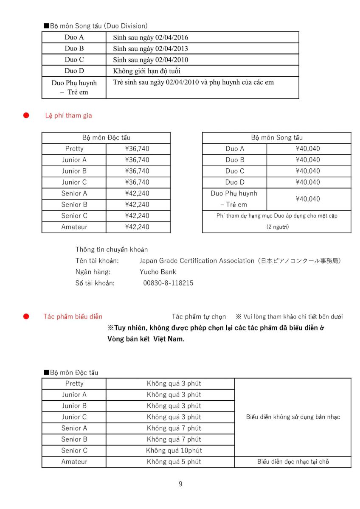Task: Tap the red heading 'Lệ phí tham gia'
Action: [68, 115]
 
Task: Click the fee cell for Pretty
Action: [137, 149]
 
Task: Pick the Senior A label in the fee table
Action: [74, 193]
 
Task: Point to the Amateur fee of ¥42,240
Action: [137, 227]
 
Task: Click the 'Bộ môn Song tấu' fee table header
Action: [277, 138]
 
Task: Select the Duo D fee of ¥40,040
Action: [308, 182]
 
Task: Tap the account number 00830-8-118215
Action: [168, 283]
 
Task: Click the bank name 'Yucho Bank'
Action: [157, 272]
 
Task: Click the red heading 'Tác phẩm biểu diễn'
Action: [73, 317]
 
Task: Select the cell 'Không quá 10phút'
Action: [174, 450]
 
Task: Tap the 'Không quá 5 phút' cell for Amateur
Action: [174, 461]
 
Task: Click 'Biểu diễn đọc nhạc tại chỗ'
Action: [293, 461]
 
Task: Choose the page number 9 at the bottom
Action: [180, 484]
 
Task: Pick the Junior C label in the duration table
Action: [74, 417]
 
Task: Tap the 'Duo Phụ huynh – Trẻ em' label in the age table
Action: [74, 87]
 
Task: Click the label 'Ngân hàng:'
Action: [93, 272]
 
